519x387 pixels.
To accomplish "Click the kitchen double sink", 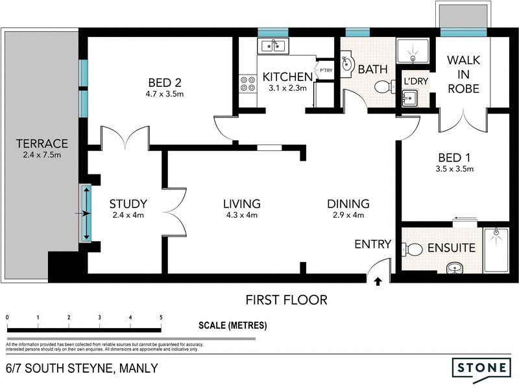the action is (x=273, y=45).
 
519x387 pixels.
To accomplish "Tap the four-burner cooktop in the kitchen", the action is (x=248, y=84).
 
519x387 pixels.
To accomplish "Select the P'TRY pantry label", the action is (x=326, y=71).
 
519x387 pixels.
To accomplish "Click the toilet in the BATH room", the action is (x=385, y=87).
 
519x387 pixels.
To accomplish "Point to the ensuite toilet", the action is (x=412, y=249).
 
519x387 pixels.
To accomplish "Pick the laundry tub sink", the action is (x=409, y=99).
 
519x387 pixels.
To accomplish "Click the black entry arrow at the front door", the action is (x=378, y=281).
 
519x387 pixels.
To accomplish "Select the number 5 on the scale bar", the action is (x=161, y=317).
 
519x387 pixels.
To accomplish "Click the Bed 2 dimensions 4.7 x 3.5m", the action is (x=165, y=94).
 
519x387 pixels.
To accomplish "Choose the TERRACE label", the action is (x=42, y=143).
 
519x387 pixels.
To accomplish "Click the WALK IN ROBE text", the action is (x=463, y=75).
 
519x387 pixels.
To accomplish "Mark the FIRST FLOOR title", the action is (x=286, y=300).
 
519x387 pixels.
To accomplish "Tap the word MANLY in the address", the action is (x=138, y=368).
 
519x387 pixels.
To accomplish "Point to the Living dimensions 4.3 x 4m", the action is (x=241, y=215).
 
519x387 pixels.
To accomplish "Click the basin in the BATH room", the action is (x=347, y=64).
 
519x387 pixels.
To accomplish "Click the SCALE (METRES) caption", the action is (x=233, y=325).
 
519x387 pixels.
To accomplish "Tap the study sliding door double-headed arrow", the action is (x=86, y=213).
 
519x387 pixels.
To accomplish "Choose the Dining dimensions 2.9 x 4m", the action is (x=348, y=215).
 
